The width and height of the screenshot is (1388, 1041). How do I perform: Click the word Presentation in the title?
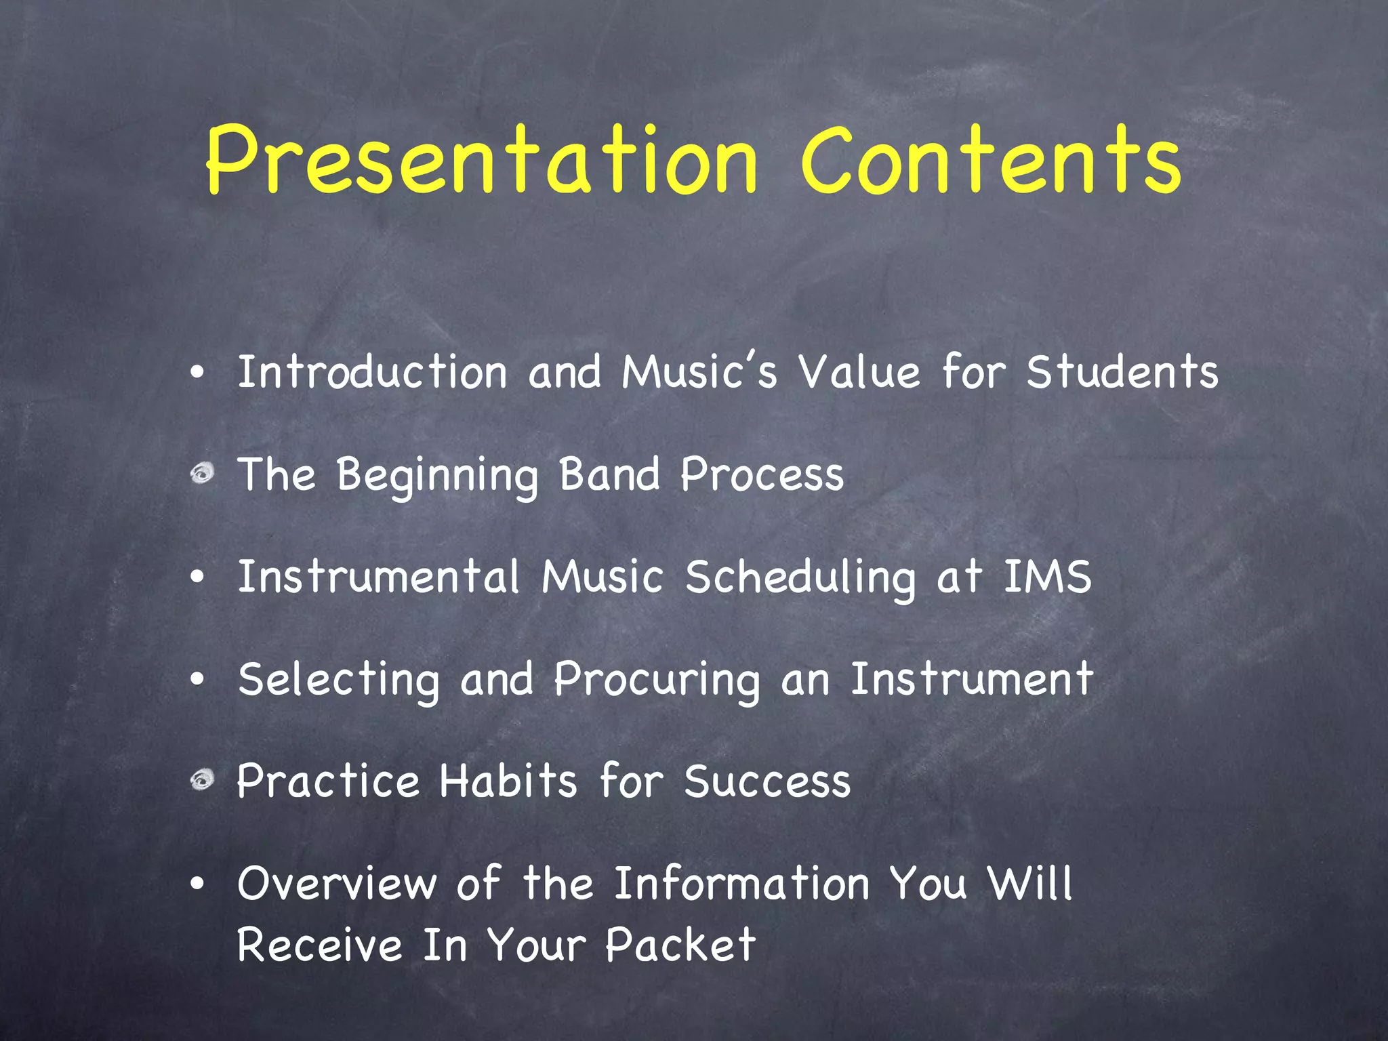point(481,161)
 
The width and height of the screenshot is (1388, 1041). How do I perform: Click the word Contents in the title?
point(991,161)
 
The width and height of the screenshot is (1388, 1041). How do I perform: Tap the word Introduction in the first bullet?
point(372,373)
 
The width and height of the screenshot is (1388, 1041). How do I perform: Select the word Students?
point(1122,373)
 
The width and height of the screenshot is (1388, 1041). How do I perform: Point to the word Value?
point(859,373)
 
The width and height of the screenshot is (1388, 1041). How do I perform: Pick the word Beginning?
point(438,476)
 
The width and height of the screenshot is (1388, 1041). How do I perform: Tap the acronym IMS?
point(1047,577)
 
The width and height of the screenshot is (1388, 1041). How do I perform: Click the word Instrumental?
point(378,577)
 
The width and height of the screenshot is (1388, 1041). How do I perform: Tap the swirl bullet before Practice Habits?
point(201,780)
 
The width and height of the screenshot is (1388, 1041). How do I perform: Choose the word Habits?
point(508,781)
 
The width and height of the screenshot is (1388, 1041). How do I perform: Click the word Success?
point(767,781)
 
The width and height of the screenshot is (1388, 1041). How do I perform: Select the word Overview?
point(337,884)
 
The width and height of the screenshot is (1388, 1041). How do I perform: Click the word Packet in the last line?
point(680,944)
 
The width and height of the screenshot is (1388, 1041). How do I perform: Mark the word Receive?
point(319,944)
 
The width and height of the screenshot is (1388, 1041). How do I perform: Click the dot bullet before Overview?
point(197,884)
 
